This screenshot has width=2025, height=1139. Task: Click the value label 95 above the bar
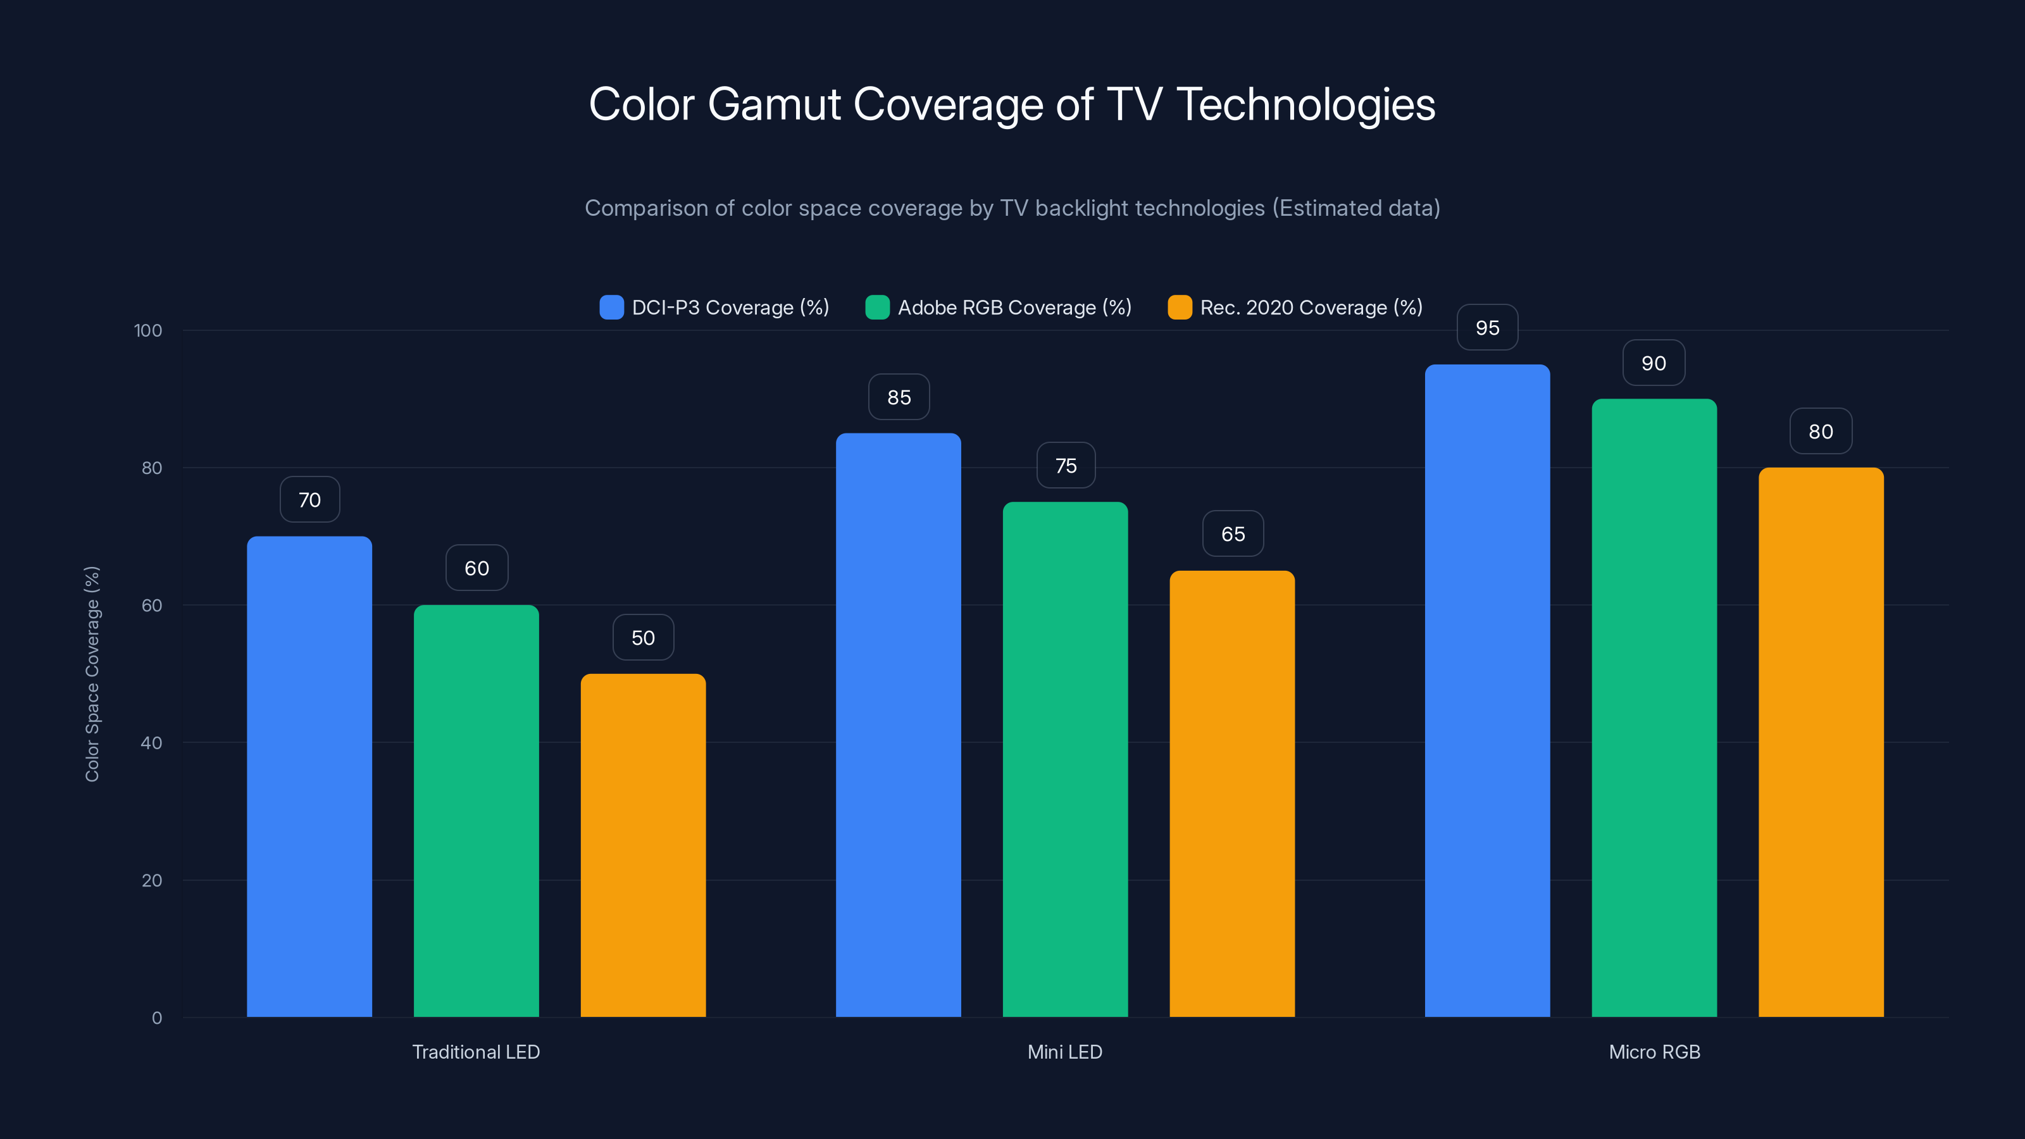1487,328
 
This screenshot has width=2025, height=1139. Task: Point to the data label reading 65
1233,535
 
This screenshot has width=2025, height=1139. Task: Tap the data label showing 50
643,637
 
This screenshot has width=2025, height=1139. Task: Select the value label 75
1065,466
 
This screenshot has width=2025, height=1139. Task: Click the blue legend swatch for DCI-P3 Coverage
611,308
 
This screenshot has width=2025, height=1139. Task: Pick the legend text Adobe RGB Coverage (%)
1014,308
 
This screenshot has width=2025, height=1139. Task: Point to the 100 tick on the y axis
148,330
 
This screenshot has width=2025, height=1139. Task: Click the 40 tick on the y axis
151,743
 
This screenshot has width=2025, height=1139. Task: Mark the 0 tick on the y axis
156,1018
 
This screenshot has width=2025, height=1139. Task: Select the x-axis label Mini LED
1064,1052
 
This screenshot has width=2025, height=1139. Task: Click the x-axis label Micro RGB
1654,1052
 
